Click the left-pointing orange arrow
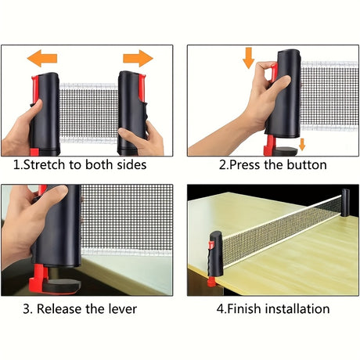pyautogui.click(x=41, y=59)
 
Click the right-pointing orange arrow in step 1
pyautogui.click(x=138, y=59)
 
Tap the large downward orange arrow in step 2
pyautogui.click(x=248, y=58)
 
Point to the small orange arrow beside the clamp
pyautogui.click(x=302, y=145)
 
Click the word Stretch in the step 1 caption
pyautogui.click(x=44, y=165)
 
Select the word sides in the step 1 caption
pyautogui.click(x=131, y=165)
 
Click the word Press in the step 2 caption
pyautogui.click(x=245, y=165)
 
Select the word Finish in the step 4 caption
pyautogui.click(x=244, y=309)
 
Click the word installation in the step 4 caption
pyautogui.click(x=297, y=309)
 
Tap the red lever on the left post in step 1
pyautogui.click(x=34, y=88)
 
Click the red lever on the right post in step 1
pyautogui.click(x=142, y=88)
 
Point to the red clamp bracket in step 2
pyautogui.click(x=270, y=146)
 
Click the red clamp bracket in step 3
pyautogui.click(x=38, y=277)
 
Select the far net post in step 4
pyautogui.click(x=345, y=203)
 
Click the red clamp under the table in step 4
pyautogui.click(x=212, y=282)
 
